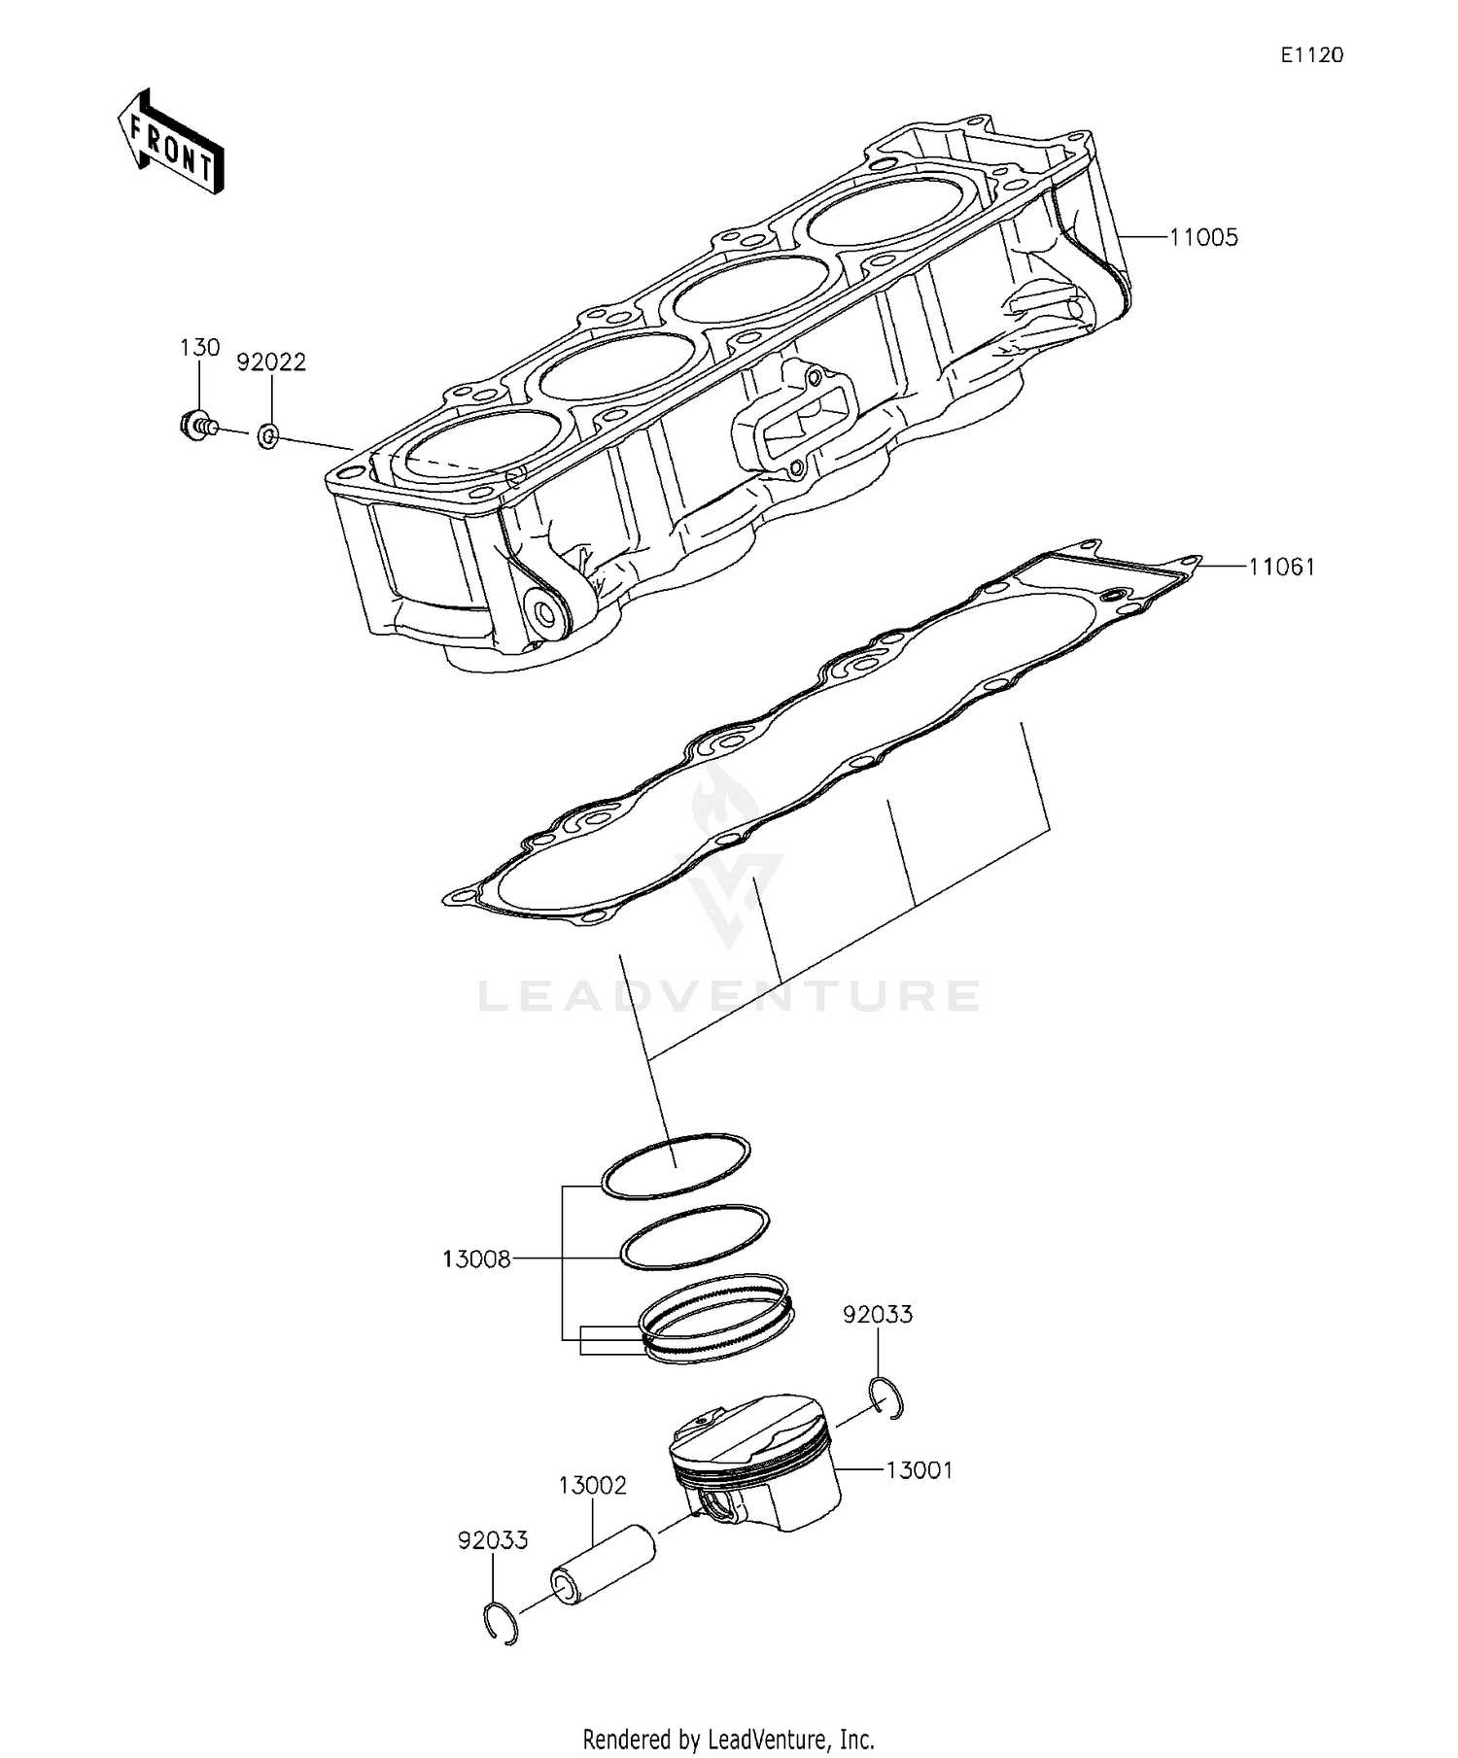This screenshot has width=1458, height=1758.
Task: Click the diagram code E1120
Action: tap(1311, 56)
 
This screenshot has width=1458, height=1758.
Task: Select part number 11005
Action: tap(1203, 238)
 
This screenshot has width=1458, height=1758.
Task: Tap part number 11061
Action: tap(1282, 567)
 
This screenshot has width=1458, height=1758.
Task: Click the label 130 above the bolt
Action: tap(199, 348)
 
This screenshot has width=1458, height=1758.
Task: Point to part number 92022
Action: tap(272, 362)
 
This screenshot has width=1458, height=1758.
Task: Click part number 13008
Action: tap(476, 1260)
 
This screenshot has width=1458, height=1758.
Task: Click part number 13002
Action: tap(592, 1486)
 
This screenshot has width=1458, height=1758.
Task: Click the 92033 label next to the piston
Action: tap(878, 1315)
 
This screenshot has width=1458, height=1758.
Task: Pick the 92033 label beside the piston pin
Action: tap(493, 1540)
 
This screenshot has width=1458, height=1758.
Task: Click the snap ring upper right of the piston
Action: tap(887, 1399)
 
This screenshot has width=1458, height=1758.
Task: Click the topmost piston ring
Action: tap(676, 1165)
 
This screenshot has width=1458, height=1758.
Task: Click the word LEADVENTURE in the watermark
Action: tap(729, 996)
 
